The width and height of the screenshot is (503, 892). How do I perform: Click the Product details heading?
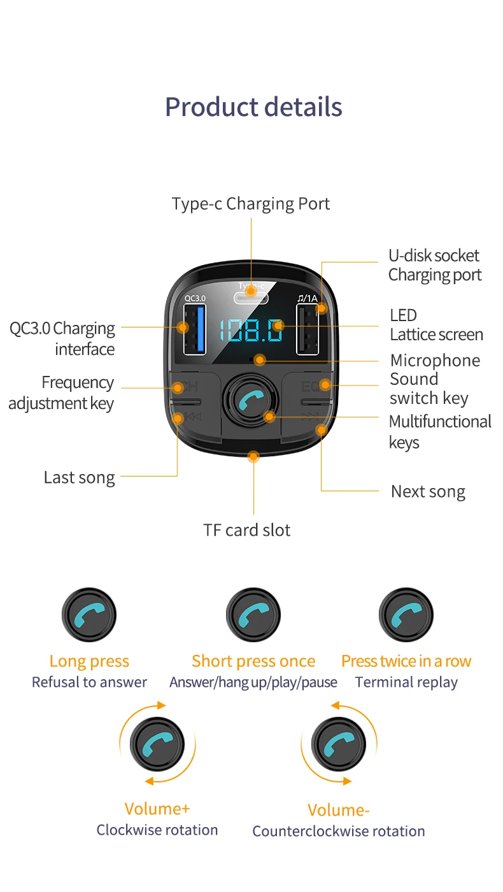click(x=253, y=107)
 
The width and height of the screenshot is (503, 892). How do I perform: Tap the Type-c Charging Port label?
click(x=251, y=204)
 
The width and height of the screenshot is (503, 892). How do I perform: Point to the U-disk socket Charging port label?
click(x=435, y=265)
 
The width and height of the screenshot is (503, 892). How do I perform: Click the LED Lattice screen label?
click(x=436, y=325)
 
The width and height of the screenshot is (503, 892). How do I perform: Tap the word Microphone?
click(x=435, y=361)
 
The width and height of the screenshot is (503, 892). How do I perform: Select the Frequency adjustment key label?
click(x=62, y=392)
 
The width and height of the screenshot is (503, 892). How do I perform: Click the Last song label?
click(x=80, y=478)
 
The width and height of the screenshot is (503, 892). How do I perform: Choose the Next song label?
click(x=428, y=492)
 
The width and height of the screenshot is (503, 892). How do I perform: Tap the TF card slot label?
click(x=247, y=530)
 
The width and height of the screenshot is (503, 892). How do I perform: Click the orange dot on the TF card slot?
click(x=253, y=456)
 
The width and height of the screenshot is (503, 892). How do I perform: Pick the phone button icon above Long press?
click(x=89, y=615)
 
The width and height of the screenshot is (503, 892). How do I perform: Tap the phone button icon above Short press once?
click(x=253, y=615)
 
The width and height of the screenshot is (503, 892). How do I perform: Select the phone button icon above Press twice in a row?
click(x=406, y=615)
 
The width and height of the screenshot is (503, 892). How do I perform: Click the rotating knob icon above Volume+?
click(x=157, y=744)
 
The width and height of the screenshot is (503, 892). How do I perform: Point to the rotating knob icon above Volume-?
click(x=339, y=744)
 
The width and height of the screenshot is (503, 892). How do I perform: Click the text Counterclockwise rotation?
click(x=339, y=831)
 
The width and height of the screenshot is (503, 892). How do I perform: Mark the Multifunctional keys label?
click(x=439, y=431)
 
